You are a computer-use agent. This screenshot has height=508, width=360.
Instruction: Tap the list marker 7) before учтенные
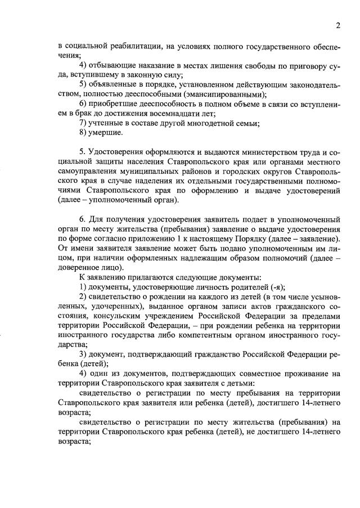tap(83, 123)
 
